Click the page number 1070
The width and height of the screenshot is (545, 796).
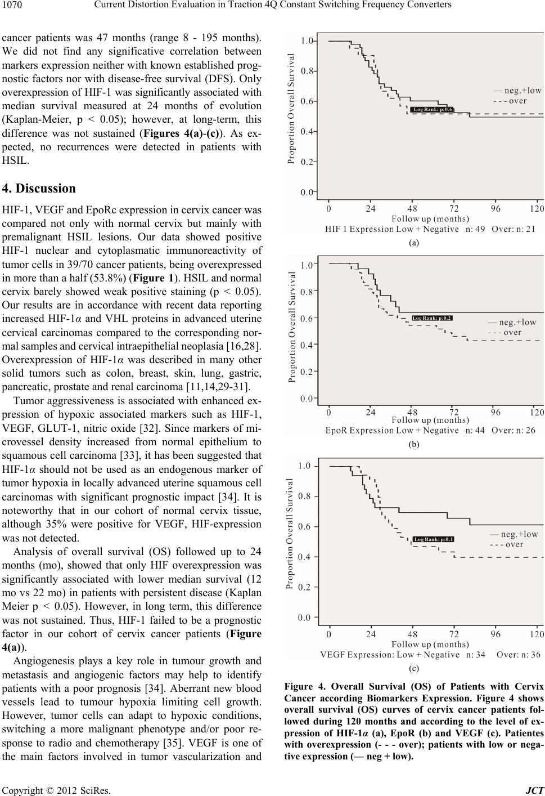[12, 5]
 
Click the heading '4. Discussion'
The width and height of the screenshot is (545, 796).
[39, 189]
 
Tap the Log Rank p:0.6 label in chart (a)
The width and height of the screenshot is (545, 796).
[432, 109]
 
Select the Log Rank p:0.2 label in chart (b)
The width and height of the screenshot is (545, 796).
[432, 317]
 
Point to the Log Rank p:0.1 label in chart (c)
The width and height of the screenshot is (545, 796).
[434, 539]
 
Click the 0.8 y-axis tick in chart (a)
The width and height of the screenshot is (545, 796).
[307, 71]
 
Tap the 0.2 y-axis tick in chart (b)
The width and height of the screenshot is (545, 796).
[307, 372]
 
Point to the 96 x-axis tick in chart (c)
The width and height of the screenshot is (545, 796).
[496, 634]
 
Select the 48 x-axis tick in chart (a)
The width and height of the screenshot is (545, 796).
[412, 208]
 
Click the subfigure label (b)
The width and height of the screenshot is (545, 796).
[414, 444]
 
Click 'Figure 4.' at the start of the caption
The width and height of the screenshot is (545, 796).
[305, 687]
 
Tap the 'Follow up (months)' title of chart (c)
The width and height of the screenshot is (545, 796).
[430, 644]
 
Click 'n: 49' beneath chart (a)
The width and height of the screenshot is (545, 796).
[475, 229]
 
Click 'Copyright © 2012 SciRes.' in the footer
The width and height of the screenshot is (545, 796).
[56, 791]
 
